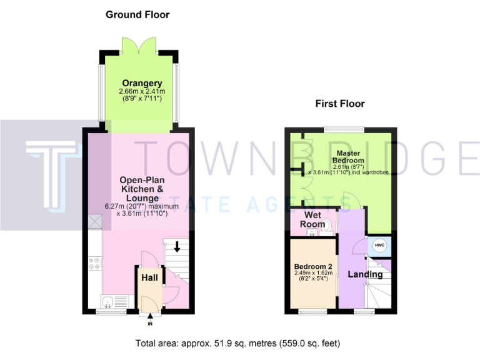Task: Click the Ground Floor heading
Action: (x=137, y=14)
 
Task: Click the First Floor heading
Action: (x=340, y=104)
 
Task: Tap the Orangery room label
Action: (x=142, y=83)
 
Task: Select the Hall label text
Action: (x=149, y=277)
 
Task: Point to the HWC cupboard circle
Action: (x=379, y=246)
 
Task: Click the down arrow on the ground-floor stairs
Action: (x=177, y=246)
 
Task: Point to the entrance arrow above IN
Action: (x=150, y=317)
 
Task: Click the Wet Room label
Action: (x=314, y=220)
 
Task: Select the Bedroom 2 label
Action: (x=313, y=267)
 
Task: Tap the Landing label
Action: (x=365, y=274)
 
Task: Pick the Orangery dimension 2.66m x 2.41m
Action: (x=142, y=92)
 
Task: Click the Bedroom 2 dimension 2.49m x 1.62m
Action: (x=313, y=274)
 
